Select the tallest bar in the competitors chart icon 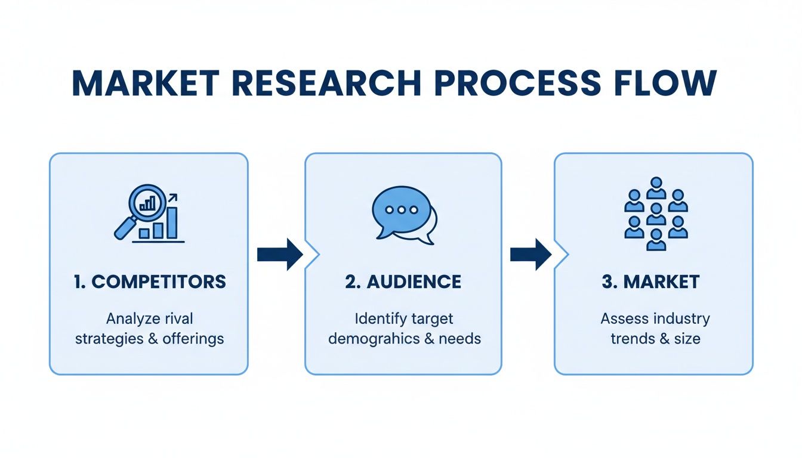[172, 222]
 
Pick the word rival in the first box [178, 318]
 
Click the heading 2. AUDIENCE [403, 282]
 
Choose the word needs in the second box [460, 339]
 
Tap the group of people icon [655, 214]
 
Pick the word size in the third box [687, 339]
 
